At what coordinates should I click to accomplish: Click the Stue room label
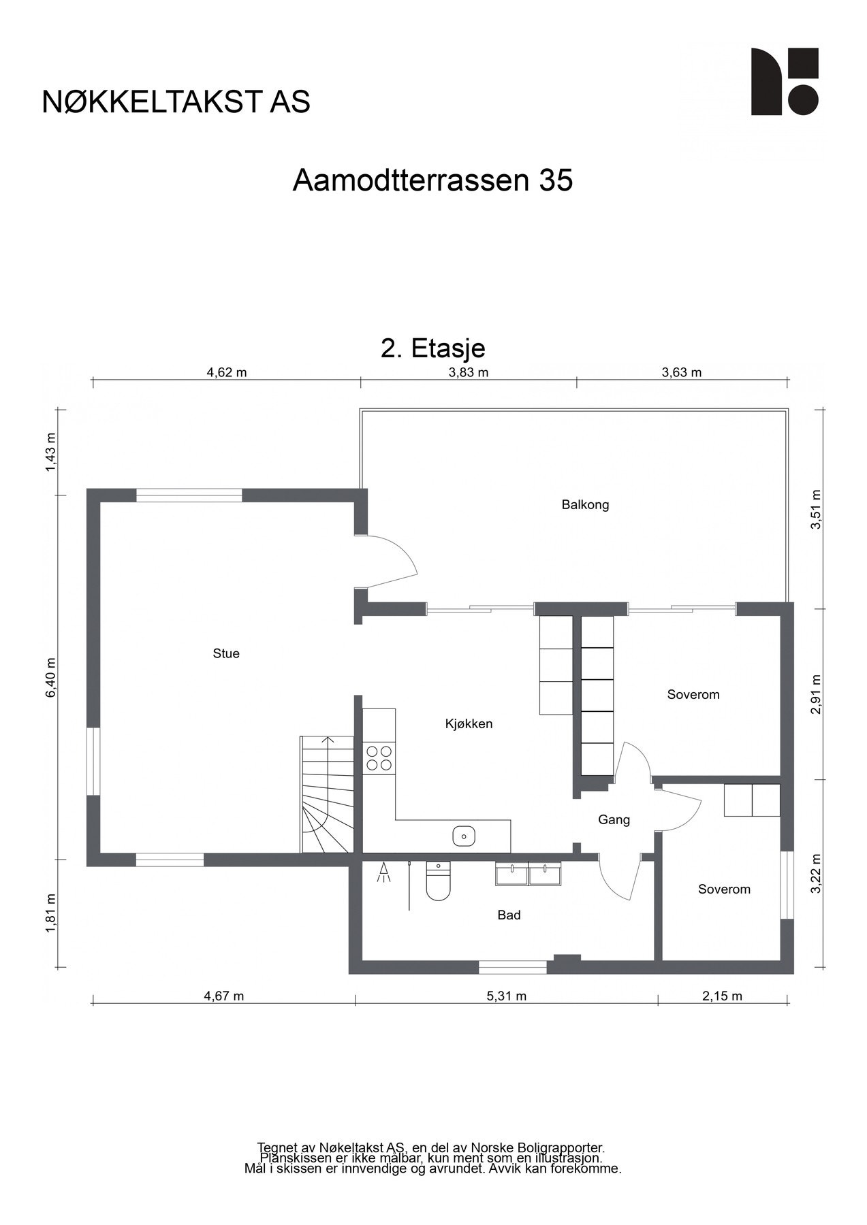pos(226,653)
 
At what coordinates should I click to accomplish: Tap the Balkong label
pos(585,505)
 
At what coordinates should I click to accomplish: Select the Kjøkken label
pos(469,724)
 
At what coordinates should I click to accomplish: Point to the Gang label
pos(614,820)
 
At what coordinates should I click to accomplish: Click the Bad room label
pos(509,915)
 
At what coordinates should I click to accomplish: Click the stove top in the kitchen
pos(379,758)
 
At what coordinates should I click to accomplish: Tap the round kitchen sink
pos(464,836)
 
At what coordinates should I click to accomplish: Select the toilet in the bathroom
pos(438,881)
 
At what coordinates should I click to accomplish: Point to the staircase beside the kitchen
pos(327,794)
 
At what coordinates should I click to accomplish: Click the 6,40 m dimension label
pos(50,677)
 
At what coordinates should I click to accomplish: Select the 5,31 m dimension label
pos(506,996)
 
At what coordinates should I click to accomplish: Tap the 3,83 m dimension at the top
pos(469,372)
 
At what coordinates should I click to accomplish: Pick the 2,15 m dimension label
pos(722,996)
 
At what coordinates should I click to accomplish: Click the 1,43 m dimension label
pos(50,452)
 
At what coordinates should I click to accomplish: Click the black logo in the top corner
pos(785,82)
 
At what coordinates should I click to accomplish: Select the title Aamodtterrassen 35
pos(432,180)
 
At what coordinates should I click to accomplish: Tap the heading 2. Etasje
pos(433,348)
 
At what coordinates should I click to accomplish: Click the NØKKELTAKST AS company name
pos(176,101)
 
